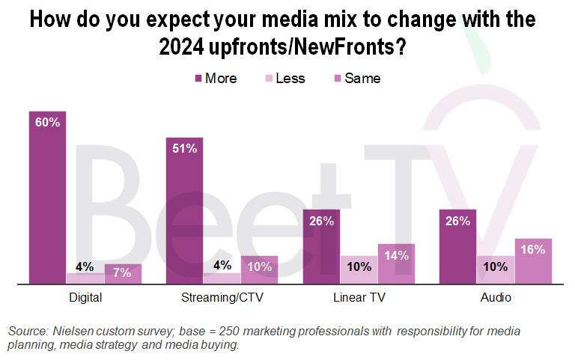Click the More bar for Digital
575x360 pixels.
(x=47, y=198)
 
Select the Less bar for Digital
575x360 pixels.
(x=85, y=278)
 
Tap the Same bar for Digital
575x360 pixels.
(x=123, y=274)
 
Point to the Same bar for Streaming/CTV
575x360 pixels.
(x=260, y=270)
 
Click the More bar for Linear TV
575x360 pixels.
(x=322, y=247)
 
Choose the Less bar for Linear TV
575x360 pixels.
(x=359, y=270)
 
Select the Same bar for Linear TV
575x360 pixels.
(x=397, y=264)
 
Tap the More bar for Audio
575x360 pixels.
(x=459, y=247)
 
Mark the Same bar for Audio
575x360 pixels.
(x=534, y=261)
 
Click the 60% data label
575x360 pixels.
(x=47, y=123)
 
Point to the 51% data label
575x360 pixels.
(x=185, y=148)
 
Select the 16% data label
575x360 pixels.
(x=534, y=250)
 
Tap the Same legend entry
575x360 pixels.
(x=355, y=79)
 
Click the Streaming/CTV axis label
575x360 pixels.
(x=222, y=298)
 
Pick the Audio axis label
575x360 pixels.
(x=496, y=298)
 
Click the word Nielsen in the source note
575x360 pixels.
(x=71, y=331)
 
